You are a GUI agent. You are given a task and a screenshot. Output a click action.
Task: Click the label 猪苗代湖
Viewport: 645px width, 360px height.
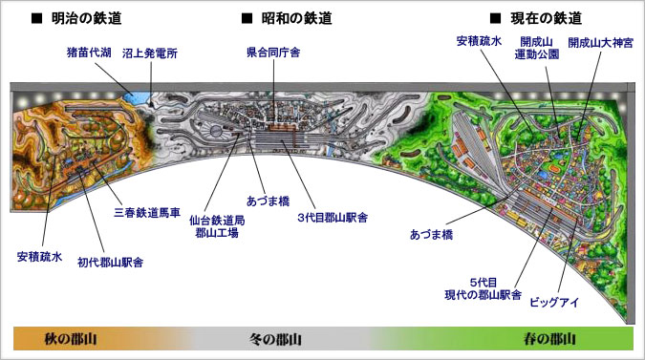(x=90, y=55)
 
